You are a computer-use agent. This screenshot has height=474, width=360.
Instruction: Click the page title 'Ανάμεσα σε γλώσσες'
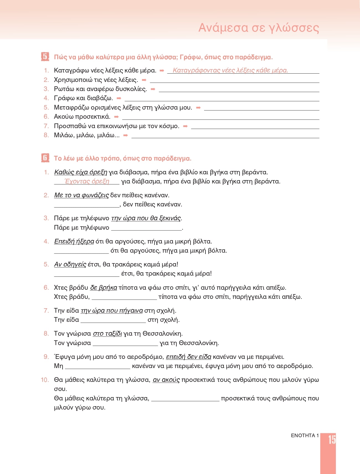pos(259,28)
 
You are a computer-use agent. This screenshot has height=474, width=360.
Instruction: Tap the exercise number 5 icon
pos(45,57)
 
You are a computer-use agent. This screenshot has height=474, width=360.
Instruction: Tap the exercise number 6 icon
pos(45,158)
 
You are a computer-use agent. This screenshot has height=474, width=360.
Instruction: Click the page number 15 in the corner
pos(332,439)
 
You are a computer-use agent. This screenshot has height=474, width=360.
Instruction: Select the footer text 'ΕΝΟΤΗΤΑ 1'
pos(305,436)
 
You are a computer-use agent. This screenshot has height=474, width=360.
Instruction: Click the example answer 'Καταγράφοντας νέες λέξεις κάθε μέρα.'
pos(230,71)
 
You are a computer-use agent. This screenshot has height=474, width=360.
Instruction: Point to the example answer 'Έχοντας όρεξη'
pos(87,182)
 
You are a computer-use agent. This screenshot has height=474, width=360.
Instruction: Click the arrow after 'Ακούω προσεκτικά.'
pos(116,117)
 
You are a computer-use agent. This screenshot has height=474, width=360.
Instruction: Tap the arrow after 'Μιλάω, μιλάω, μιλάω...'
pos(125,135)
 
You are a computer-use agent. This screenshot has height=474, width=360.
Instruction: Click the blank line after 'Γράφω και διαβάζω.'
pos(222,100)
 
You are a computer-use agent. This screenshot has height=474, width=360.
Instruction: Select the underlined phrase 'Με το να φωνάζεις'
pos(81,195)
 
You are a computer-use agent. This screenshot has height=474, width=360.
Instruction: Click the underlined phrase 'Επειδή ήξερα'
pos(74,242)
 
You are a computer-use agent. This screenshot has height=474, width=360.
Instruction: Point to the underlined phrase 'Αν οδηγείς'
pos(70,265)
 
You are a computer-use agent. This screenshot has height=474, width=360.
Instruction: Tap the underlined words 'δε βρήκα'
pos(104,288)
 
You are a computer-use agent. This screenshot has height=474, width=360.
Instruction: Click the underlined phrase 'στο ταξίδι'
pos(107,334)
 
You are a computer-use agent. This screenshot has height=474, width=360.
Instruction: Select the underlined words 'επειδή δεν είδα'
pos(189,357)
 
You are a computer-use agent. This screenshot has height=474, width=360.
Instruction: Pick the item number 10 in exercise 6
pos(45,380)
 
